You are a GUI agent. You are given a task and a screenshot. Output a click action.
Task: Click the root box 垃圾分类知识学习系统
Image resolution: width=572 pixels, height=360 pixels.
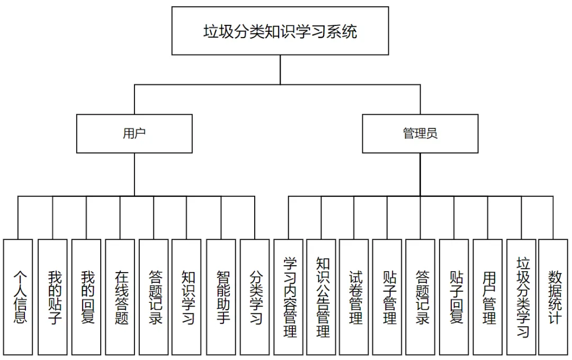coord(280,31)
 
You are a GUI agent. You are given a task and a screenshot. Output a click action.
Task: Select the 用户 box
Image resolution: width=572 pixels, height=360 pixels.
coord(134,133)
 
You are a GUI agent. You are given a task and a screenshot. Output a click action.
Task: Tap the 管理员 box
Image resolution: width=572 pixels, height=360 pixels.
coord(420,133)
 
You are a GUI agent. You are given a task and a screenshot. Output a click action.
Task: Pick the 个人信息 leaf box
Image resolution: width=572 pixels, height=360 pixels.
coord(18,297)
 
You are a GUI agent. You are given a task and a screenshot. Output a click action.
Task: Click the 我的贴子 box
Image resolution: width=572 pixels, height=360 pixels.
coord(52,297)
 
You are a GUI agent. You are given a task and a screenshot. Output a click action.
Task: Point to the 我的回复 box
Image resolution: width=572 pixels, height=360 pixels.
coord(86,297)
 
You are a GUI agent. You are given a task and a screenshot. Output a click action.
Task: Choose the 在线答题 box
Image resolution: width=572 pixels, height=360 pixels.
coord(120,297)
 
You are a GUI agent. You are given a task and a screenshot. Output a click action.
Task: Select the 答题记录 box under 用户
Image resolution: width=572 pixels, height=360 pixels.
coord(154,297)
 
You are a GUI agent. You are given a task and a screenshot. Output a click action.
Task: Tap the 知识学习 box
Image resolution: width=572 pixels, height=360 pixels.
coord(186,297)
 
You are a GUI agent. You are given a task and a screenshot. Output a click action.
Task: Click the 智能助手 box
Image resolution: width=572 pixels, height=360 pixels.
coord(221,297)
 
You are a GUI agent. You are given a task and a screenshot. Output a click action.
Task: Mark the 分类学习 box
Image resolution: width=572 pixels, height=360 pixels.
coord(255,297)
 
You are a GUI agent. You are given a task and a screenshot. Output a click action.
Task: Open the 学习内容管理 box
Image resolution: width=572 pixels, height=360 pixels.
coord(289,297)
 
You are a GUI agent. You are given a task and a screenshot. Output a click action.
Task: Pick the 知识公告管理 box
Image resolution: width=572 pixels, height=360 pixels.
coord(321,297)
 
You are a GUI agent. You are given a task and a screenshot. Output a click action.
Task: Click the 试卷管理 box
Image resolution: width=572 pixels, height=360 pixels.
coord(354,297)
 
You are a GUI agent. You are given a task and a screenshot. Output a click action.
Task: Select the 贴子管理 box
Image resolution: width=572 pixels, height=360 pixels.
coord(387,297)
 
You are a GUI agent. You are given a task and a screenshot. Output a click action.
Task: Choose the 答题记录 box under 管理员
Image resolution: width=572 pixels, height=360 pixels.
coord(420,297)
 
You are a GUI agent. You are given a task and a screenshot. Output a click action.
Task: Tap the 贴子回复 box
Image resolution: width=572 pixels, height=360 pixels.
coord(454,297)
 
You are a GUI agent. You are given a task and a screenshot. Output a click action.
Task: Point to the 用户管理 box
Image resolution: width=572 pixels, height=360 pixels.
coord(488,297)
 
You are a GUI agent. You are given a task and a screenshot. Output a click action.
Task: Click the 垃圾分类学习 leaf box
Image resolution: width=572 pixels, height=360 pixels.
coord(521,297)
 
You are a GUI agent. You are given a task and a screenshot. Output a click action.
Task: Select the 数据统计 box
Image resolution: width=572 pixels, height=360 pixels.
coord(553,297)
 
